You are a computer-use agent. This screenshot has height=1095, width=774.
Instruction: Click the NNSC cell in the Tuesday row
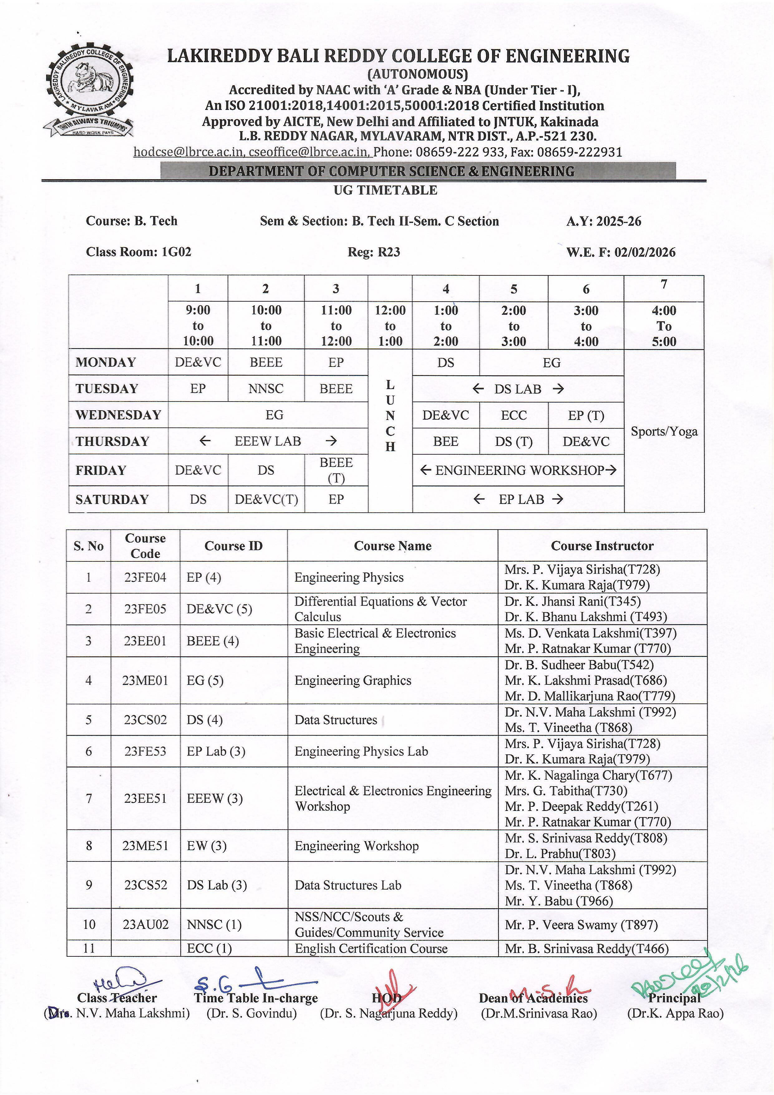[266, 389]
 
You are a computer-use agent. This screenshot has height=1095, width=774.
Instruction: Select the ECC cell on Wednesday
[513, 415]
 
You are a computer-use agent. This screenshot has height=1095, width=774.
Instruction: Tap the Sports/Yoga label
[664, 432]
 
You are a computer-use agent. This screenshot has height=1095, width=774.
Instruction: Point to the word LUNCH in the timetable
[390, 415]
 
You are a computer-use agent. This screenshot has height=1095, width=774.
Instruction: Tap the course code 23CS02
[145, 720]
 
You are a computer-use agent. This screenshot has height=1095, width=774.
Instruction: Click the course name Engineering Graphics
[353, 681]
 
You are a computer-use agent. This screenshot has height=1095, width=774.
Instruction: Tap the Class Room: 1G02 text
[138, 252]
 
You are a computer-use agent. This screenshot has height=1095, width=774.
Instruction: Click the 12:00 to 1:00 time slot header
[390, 326]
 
